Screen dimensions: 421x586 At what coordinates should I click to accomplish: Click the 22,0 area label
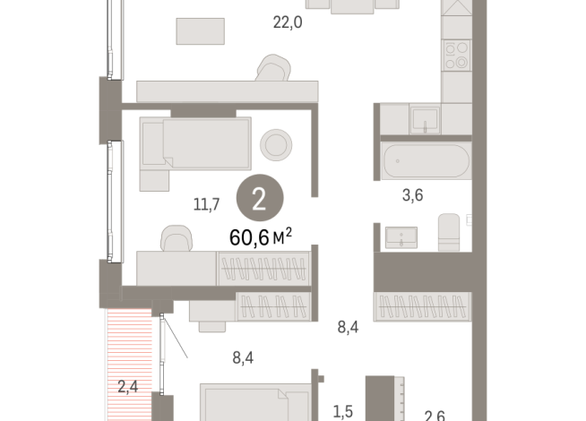288,22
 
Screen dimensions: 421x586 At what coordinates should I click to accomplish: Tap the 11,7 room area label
208,204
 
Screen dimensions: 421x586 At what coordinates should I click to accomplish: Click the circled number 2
259,199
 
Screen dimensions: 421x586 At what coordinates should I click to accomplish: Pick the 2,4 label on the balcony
129,387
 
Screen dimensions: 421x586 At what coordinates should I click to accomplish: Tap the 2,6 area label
435,414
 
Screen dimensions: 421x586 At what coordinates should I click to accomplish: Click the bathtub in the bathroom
425,162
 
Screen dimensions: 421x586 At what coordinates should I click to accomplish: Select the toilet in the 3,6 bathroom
449,232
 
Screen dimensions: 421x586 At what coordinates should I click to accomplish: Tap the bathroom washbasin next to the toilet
401,237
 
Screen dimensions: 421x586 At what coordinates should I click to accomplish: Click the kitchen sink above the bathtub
424,119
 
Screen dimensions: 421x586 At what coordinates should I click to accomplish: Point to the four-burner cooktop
457,55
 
